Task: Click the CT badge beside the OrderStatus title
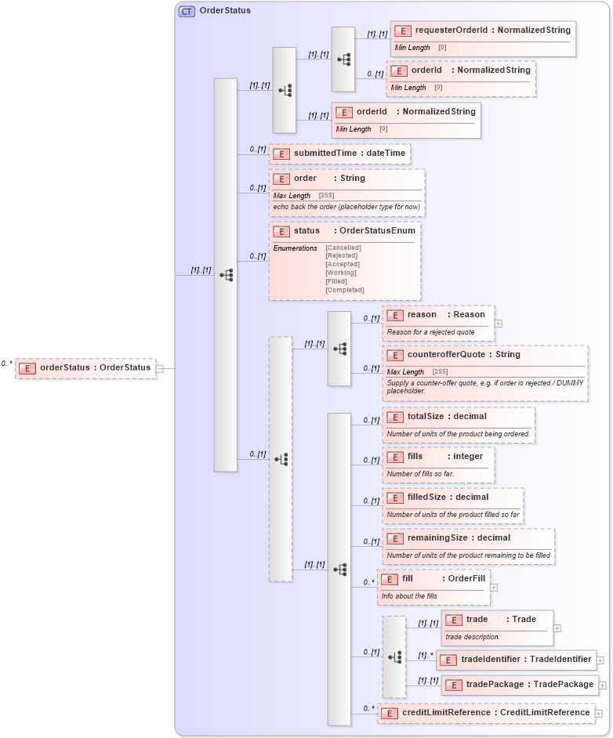pyautogui.click(x=187, y=11)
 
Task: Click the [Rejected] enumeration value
pyautogui.click(x=342, y=255)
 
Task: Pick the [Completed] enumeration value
pyautogui.click(x=345, y=290)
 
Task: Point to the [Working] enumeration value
pyautogui.click(x=342, y=273)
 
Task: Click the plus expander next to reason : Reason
pyautogui.click(x=499, y=323)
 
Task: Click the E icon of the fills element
pyautogui.click(x=395, y=457)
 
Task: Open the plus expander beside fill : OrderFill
pyautogui.click(x=494, y=587)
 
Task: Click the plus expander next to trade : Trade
pyautogui.click(x=557, y=628)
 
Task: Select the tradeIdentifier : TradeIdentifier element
pyautogui.click(x=525, y=660)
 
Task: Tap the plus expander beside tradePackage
pyautogui.click(x=603, y=685)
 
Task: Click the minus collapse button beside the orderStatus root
pyautogui.click(x=159, y=368)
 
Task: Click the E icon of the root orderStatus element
pyautogui.click(x=27, y=368)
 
